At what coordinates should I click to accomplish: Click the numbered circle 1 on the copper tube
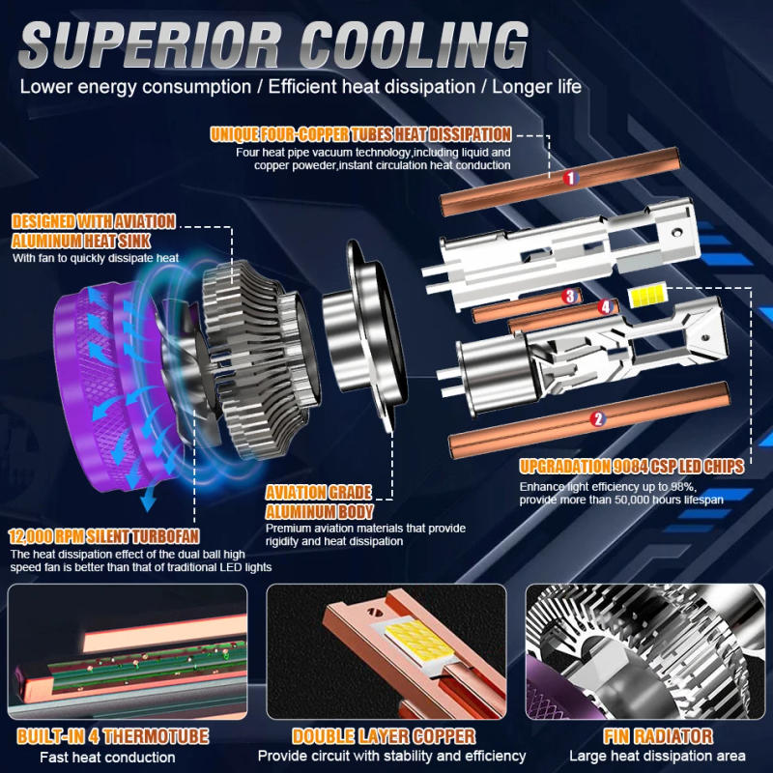point(570,178)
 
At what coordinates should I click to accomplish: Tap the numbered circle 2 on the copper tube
point(597,418)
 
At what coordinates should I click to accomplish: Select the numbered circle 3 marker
point(570,297)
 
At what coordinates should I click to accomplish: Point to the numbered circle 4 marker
point(605,307)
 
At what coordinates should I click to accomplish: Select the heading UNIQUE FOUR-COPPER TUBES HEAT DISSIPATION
point(360,134)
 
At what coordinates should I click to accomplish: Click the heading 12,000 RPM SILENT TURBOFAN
point(107,536)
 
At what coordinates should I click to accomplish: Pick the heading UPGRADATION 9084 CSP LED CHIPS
point(631,467)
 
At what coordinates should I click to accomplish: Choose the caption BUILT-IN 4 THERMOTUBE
point(113,736)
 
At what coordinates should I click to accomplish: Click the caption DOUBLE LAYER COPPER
point(384,736)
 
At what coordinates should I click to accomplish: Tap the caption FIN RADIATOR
point(657,736)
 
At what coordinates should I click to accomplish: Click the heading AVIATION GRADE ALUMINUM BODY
point(319,502)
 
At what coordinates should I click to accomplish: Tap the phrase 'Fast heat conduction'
point(107,758)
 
